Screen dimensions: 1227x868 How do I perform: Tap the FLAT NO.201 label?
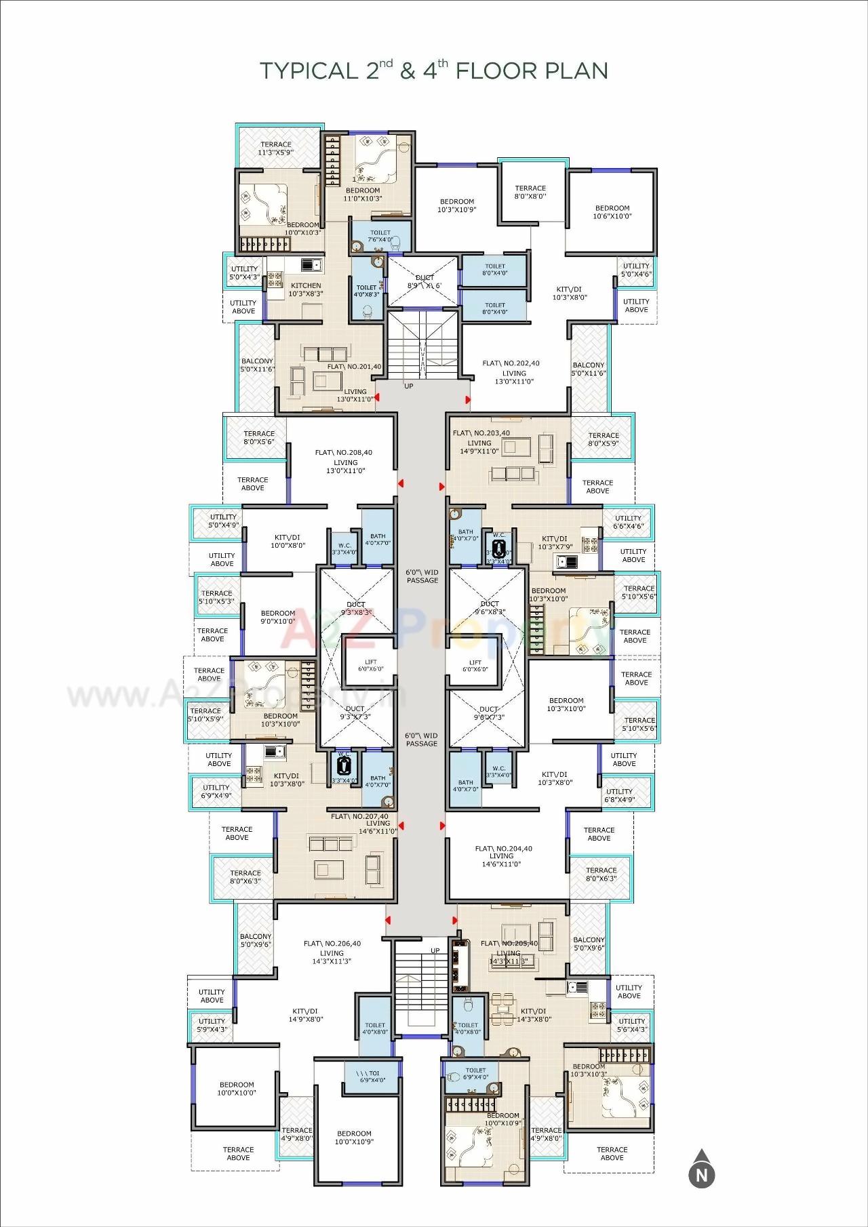354,367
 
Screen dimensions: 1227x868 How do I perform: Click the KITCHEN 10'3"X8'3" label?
305,289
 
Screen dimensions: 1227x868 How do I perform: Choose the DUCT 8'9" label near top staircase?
425,281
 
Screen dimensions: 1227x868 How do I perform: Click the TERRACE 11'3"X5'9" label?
276,148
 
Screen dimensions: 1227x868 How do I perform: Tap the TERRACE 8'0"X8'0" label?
530,193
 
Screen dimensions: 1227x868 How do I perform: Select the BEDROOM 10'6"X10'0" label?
612,212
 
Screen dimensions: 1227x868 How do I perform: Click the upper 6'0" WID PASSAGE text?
422,576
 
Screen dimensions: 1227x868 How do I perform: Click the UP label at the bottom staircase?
435,950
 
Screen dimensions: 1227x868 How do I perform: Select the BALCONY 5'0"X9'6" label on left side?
255,940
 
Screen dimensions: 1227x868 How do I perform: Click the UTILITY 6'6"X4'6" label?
628,522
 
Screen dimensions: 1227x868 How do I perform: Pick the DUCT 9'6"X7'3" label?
488,713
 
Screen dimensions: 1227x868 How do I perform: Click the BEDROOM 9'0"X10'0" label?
278,617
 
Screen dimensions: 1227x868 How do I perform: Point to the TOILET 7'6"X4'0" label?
380,236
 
